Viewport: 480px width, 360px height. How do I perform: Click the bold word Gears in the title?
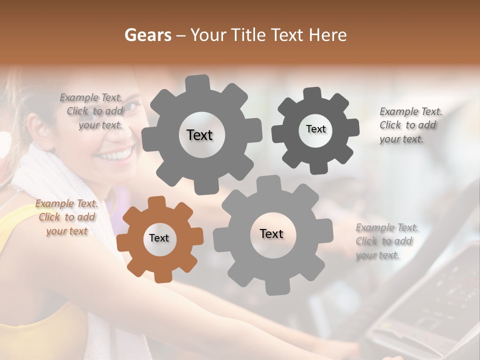147,35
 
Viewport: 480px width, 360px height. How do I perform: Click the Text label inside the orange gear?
159,238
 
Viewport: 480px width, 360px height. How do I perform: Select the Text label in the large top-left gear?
199,135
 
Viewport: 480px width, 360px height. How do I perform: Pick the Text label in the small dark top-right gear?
315,129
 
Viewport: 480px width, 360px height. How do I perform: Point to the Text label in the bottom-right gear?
271,233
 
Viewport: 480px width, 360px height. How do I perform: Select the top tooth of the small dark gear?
312,94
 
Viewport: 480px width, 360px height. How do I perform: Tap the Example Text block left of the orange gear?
67,217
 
